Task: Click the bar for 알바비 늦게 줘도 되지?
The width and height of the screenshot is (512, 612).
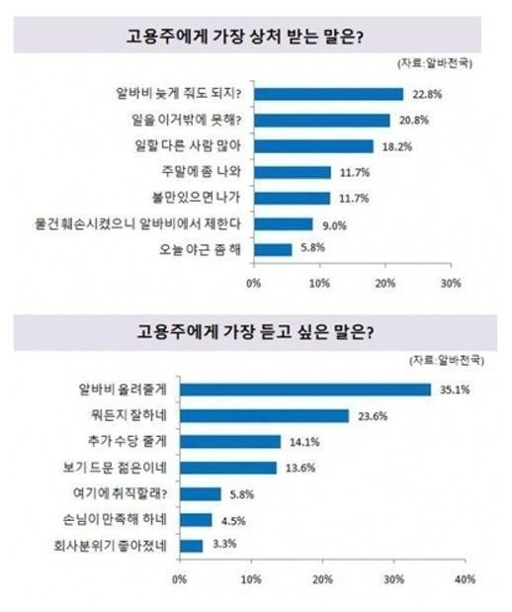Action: coord(328,94)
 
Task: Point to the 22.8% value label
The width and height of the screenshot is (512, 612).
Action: coord(427,95)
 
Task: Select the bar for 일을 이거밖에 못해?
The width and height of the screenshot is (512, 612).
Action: coord(322,121)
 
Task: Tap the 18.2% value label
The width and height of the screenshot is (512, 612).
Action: coord(397,146)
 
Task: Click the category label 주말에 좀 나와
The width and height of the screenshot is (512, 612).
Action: coord(202,171)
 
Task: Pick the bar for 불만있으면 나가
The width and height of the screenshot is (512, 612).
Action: coord(293,199)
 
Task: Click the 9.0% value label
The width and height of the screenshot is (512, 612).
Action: coord(334,225)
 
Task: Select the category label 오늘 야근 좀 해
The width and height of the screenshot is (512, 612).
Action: coord(200,249)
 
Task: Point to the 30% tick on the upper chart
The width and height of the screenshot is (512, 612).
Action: coord(451,284)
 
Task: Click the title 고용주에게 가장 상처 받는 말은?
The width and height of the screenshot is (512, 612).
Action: coord(245,37)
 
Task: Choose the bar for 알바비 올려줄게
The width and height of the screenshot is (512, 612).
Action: coord(305,390)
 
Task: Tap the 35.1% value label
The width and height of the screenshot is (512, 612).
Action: coord(455,390)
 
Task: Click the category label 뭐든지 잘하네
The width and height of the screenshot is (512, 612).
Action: coord(128,415)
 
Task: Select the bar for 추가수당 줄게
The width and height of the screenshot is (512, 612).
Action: coord(230,442)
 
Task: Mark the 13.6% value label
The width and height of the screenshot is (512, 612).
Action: coord(300,468)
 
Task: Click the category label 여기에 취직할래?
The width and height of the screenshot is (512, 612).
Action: coord(120,493)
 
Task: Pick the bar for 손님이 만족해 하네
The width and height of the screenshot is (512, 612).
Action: coord(196,520)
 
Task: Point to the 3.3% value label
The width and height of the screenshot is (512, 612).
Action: coord(224,544)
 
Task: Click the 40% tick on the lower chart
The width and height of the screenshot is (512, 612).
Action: coord(465,579)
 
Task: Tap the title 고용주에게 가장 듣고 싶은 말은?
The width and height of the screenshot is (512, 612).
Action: coord(255,332)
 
